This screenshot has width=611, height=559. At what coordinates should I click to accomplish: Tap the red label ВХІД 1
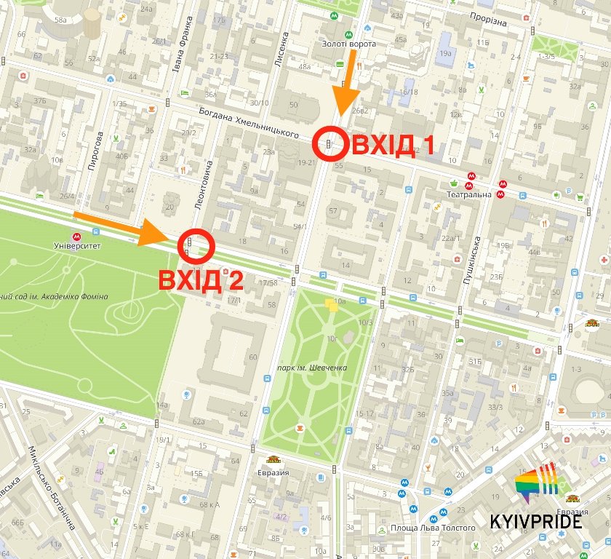click(393, 145)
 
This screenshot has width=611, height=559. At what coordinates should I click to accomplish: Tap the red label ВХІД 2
click(201, 280)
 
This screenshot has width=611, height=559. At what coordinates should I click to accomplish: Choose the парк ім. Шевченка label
click(312, 368)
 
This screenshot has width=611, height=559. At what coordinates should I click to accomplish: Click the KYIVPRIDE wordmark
click(537, 522)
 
